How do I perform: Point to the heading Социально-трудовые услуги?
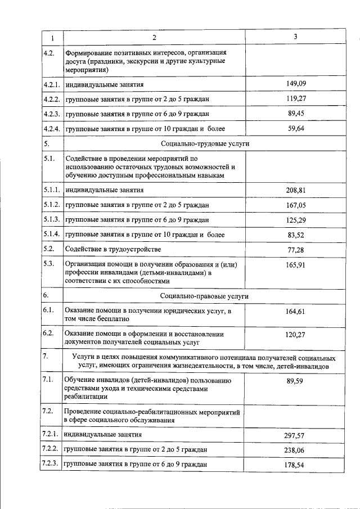coord(205,144)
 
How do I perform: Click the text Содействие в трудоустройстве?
coord(109,249)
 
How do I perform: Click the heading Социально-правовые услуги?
coord(204,295)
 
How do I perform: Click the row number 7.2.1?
coord(51,435)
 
